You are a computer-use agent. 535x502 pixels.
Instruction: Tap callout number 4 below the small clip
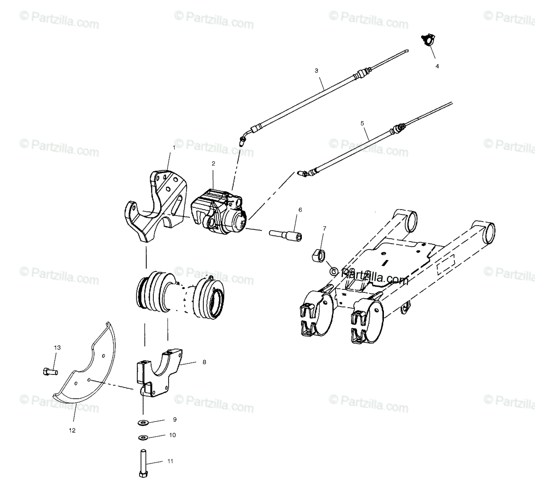pyautogui.click(x=437, y=66)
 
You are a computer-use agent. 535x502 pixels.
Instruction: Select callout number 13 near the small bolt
pyautogui.click(x=57, y=347)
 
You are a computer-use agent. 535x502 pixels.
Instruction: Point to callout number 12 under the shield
pyautogui.click(x=72, y=430)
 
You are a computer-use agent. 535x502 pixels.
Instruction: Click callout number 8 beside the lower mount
pyautogui.click(x=204, y=362)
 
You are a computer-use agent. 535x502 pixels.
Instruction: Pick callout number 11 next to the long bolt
pyautogui.click(x=170, y=461)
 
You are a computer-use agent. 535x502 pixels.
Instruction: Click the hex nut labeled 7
pyautogui.click(x=318, y=255)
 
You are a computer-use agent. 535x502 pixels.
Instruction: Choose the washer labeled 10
pyautogui.click(x=144, y=437)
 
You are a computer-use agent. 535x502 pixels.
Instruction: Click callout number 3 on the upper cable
pyautogui.click(x=316, y=70)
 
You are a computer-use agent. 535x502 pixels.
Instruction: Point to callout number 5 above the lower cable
pyautogui.click(x=362, y=123)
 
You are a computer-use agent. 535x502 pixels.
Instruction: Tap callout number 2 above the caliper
pyautogui.click(x=213, y=164)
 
